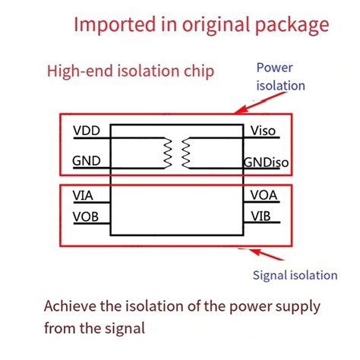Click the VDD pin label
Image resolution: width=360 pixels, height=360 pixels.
pyautogui.click(x=87, y=131)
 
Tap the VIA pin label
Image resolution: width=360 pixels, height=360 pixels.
pyautogui.click(x=84, y=195)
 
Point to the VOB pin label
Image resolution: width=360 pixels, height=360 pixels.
pyautogui.click(x=86, y=216)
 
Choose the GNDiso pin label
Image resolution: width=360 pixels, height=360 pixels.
pyautogui.click(x=266, y=162)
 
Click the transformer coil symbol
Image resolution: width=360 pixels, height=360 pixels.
pyautogui.click(x=185, y=152)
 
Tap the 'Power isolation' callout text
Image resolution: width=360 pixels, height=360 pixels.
pyautogui.click(x=280, y=75)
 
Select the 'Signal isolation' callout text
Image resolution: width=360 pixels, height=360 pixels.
pyautogui.click(x=294, y=275)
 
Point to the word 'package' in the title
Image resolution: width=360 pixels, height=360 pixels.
pyautogui.click(x=291, y=25)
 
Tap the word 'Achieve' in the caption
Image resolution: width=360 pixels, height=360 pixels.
pyautogui.click(x=71, y=308)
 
